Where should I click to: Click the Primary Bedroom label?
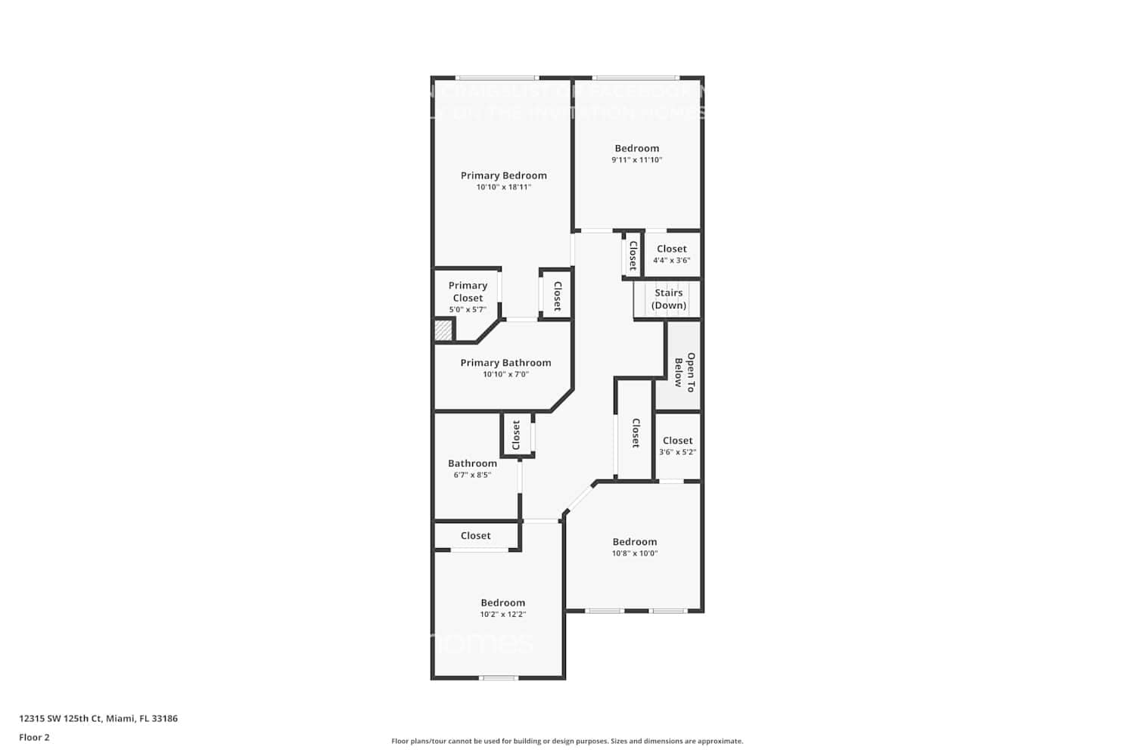[503, 175]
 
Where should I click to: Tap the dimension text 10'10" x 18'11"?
[503, 187]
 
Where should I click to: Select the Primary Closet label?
[468, 291]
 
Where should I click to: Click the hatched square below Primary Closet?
[443, 330]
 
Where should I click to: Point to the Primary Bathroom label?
[505, 363]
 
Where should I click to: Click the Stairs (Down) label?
[669, 299]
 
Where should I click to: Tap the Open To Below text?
[684, 371]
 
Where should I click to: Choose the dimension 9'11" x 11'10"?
[637, 160]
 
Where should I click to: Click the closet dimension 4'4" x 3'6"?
[672, 261]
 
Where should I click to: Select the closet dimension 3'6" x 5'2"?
[677, 452]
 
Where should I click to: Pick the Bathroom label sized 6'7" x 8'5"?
[472, 463]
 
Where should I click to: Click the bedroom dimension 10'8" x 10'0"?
[635, 553]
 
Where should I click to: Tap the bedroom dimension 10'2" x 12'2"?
[502, 615]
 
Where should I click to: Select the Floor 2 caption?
[34, 737]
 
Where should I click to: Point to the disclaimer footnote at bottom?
[567, 741]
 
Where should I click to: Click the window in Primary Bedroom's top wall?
[496, 77]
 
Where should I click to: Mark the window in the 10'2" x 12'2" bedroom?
[499, 677]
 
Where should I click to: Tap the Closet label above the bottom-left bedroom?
[475, 535]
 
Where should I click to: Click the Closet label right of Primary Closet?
[558, 296]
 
